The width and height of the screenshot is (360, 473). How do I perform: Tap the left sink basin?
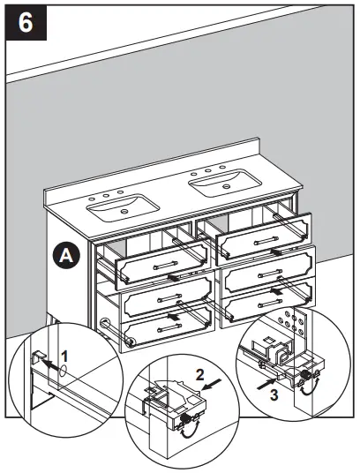point(124,208)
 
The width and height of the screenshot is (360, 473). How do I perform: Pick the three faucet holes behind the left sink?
point(105,197)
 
